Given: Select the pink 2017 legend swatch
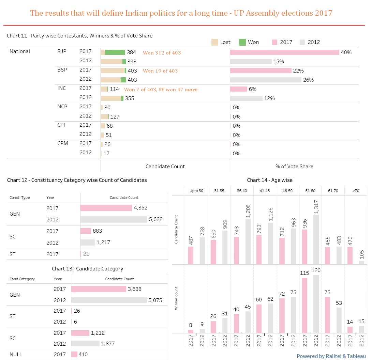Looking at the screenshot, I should click(x=275, y=42).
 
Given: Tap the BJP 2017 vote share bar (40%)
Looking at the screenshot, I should click(x=284, y=52).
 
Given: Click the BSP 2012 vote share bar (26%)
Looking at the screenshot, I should click(x=266, y=80).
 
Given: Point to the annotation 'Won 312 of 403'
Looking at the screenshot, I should click(x=162, y=53).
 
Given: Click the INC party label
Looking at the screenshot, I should click(x=62, y=88).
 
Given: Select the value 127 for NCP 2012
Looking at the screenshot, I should click(x=115, y=117).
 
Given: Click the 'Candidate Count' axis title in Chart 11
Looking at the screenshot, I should click(x=165, y=167).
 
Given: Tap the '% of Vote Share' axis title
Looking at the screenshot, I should click(x=294, y=167).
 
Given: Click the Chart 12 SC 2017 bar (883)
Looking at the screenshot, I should click(x=86, y=231).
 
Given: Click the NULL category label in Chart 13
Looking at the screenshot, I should click(x=16, y=355).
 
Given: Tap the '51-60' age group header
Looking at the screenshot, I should click(x=310, y=191).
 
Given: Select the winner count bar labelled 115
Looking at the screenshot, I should click(x=304, y=306).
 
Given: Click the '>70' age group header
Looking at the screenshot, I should click(x=356, y=191).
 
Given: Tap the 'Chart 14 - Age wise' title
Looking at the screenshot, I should click(x=269, y=180).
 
